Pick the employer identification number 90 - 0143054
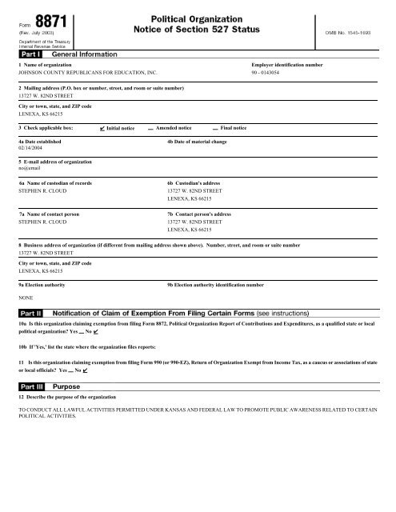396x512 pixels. click(272, 71)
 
